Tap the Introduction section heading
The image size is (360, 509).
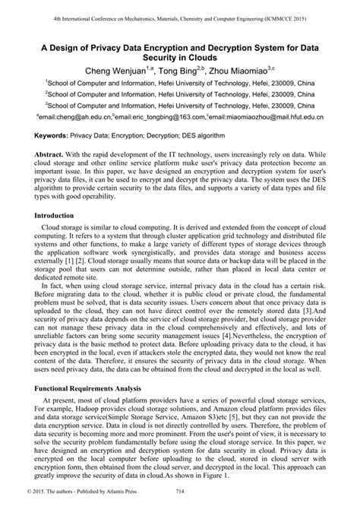[58, 217]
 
